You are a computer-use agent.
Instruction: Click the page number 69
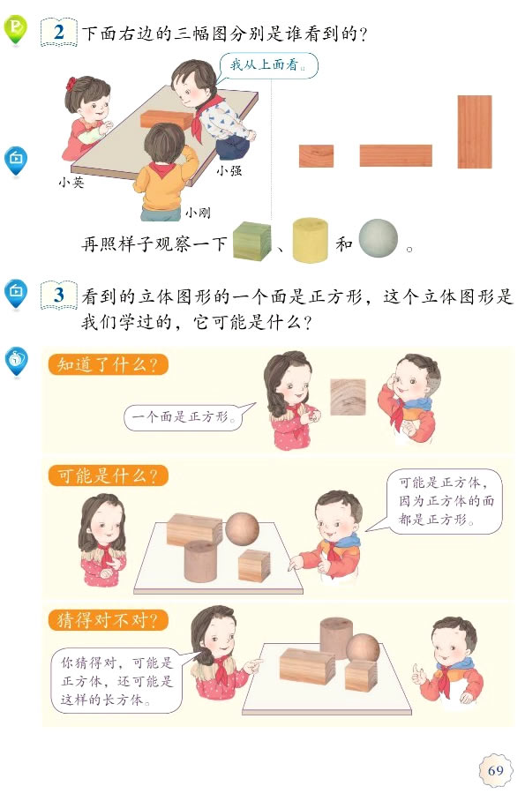click(x=495, y=771)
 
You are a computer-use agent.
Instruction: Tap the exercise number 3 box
click(x=58, y=295)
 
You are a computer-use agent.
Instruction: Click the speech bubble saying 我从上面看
click(x=266, y=64)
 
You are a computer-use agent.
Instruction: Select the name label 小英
click(x=71, y=183)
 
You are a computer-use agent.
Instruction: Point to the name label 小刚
click(x=197, y=213)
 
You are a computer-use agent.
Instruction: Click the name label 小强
click(x=229, y=170)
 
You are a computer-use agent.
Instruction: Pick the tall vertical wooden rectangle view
click(x=474, y=131)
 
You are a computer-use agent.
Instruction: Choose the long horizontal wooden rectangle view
click(x=395, y=155)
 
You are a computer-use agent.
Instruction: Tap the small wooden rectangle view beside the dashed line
click(x=316, y=155)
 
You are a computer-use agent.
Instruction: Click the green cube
click(x=251, y=240)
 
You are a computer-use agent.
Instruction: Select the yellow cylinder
click(x=310, y=239)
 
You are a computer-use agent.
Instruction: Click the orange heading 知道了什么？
click(x=108, y=364)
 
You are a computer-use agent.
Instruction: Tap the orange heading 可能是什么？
click(x=108, y=476)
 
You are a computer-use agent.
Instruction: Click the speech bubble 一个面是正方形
click(x=184, y=415)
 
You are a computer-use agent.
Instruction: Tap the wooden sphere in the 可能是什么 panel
click(x=241, y=528)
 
